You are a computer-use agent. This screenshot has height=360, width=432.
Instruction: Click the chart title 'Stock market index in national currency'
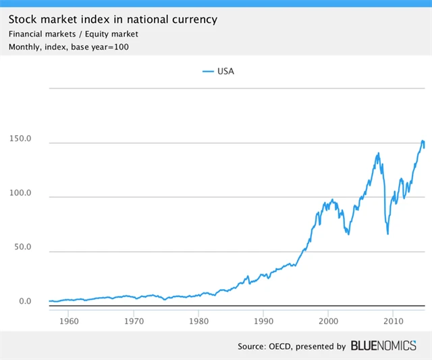(113, 19)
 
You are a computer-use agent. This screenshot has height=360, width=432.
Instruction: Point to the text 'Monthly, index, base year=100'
(68, 47)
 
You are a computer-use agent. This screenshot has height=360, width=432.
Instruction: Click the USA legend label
(225, 71)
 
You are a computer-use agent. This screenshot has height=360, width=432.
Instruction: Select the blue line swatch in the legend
(207, 71)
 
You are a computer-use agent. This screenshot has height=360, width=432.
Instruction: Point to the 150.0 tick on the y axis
(20, 138)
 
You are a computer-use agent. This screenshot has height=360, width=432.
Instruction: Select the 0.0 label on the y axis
(24, 301)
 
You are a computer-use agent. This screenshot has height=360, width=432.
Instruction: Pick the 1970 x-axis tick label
(134, 319)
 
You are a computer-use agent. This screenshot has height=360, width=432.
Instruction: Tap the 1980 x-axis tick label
(198, 319)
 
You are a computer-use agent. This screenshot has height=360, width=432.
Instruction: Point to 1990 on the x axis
(263, 319)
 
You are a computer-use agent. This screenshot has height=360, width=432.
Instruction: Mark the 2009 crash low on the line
(387, 234)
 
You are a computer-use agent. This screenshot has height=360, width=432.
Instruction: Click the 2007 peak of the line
(378, 153)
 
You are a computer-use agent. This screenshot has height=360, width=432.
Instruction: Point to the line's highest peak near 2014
(423, 140)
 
